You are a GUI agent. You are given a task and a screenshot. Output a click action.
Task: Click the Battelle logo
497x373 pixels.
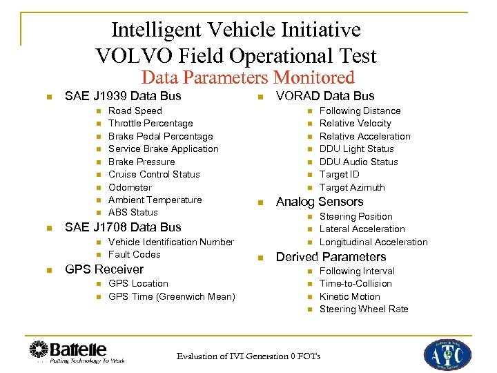68,352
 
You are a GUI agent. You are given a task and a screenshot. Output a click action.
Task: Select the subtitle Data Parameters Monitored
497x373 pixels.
248,78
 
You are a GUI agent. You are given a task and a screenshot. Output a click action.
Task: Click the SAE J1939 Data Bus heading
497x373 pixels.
122,96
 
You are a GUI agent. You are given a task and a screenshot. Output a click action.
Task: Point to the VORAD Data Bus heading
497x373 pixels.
325,96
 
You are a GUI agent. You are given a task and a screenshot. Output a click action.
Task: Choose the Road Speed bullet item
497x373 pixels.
135,111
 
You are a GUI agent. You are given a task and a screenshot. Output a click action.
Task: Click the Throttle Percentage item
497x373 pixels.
150,123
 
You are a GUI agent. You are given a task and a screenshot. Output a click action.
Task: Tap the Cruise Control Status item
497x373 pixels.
154,174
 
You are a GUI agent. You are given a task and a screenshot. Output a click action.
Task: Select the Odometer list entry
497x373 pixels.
130,187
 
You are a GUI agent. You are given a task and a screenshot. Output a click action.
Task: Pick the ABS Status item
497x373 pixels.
133,212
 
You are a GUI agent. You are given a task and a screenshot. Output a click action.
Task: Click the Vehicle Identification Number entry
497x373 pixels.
171,242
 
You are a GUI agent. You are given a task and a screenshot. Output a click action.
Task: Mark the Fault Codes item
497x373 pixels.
135,254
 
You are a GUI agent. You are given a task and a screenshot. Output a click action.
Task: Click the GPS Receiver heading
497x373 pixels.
104,269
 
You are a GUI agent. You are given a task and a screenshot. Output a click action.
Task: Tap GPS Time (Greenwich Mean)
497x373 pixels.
172,296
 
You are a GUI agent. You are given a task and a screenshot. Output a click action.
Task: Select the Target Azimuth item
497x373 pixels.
352,187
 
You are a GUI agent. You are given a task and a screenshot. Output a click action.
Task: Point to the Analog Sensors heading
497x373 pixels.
319,202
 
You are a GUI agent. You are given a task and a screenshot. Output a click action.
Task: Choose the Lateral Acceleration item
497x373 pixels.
362,229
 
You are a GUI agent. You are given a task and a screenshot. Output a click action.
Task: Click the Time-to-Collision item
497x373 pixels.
355,283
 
